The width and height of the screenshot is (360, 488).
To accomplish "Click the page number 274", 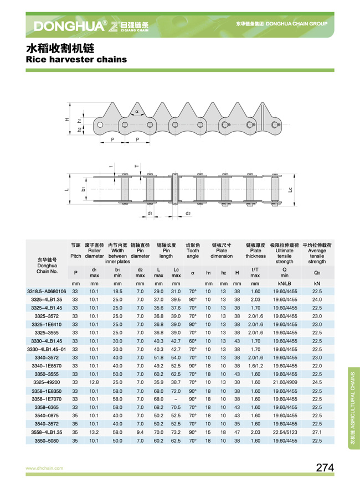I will coord(325,468).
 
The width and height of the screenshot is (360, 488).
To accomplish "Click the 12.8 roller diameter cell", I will coord(94,382).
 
